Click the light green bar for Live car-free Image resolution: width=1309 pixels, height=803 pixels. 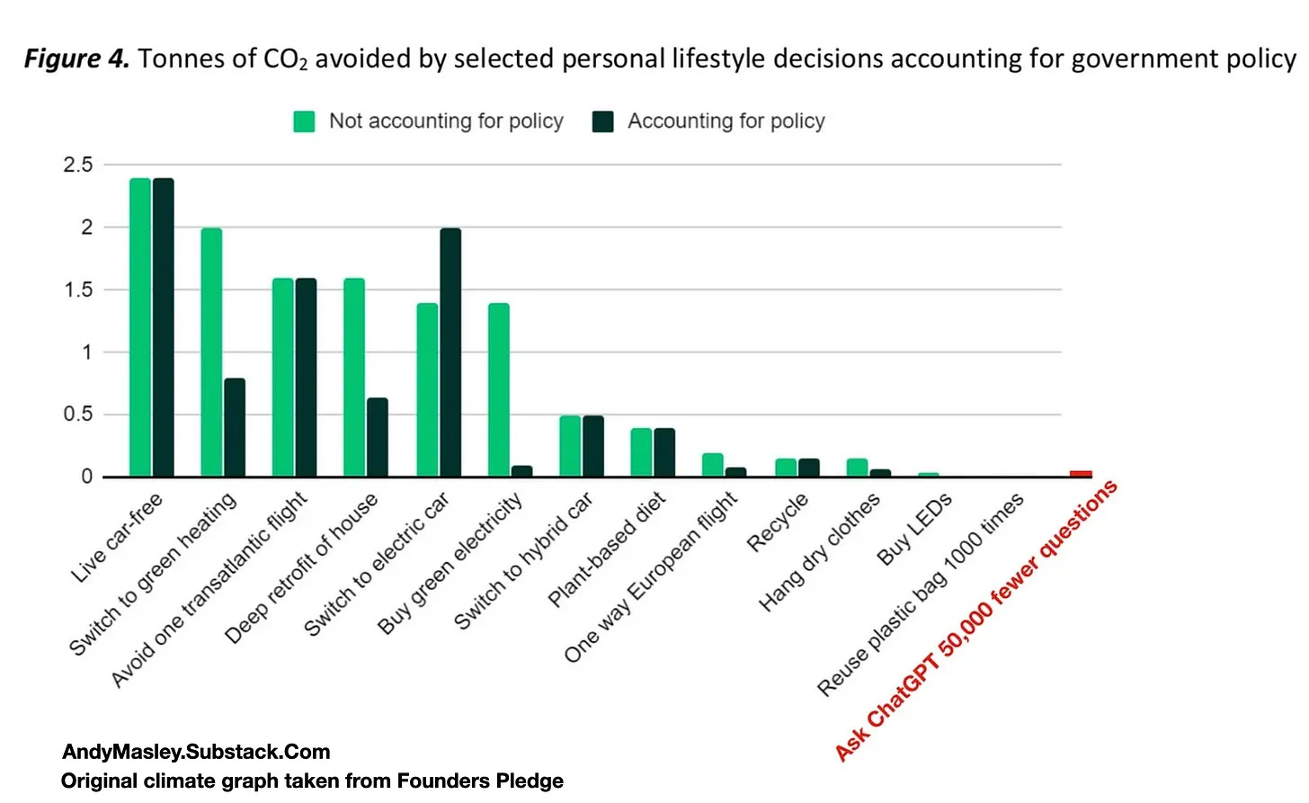coord(139,327)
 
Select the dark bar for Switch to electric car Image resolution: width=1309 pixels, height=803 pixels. coord(450,352)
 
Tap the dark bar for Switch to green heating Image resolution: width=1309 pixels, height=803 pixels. coord(235,427)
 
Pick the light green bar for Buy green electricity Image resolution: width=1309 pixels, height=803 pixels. coord(499,389)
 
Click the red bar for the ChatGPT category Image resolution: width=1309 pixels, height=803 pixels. coord(1081,473)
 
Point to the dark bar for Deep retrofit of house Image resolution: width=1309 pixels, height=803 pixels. coord(378,437)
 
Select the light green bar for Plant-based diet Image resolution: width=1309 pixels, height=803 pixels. coord(641,452)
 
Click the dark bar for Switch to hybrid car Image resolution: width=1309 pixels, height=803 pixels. coord(593,446)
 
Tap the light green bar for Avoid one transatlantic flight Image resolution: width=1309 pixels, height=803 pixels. coord(282,378)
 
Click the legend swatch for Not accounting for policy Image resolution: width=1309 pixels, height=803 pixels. coord(305,121)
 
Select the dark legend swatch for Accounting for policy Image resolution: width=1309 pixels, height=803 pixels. coord(603,121)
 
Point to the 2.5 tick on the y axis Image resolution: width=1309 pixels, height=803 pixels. coord(78,165)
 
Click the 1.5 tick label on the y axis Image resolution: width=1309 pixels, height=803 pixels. coord(78,290)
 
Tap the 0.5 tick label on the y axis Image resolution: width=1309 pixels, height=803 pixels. coord(78,415)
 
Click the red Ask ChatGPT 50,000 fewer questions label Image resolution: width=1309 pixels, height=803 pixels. coord(976,620)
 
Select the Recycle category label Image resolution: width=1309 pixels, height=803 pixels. coord(778,522)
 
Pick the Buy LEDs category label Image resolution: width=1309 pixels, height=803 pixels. coord(914,529)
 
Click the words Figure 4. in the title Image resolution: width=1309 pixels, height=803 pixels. coord(76,58)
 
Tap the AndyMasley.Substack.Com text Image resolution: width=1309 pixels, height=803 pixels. coord(196,752)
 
